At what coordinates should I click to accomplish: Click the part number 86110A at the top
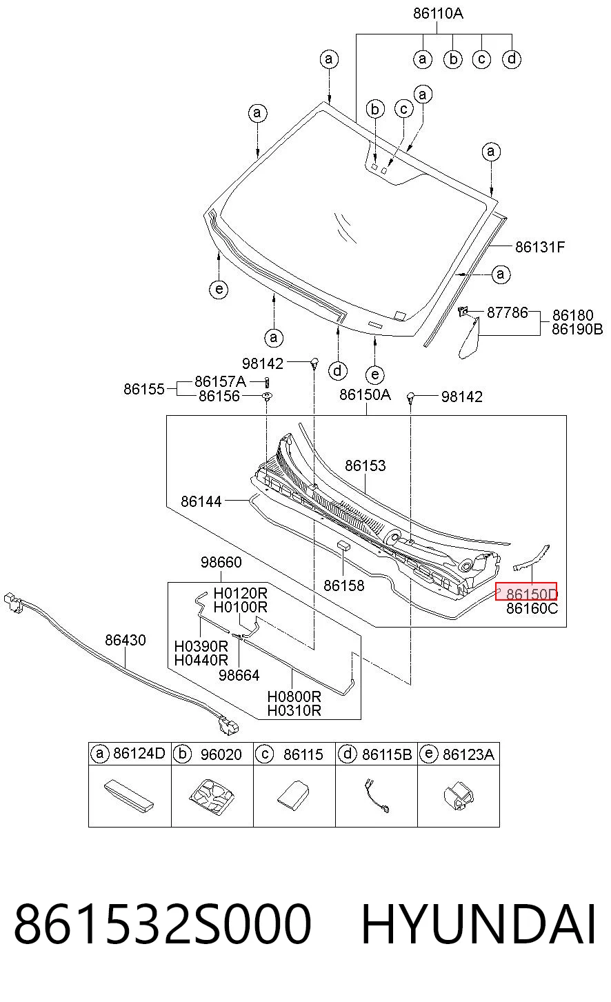pyautogui.click(x=438, y=13)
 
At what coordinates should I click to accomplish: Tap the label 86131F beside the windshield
pyautogui.click(x=540, y=247)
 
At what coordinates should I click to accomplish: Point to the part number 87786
pyautogui.click(x=508, y=312)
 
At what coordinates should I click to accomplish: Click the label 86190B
pyautogui.click(x=577, y=329)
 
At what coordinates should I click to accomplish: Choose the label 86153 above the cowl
pyautogui.click(x=365, y=465)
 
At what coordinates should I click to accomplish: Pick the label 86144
pyautogui.click(x=201, y=501)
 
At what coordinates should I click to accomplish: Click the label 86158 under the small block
pyautogui.click(x=343, y=585)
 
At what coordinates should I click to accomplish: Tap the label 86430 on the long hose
pyautogui.click(x=126, y=640)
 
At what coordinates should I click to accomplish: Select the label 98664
pyautogui.click(x=239, y=675)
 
